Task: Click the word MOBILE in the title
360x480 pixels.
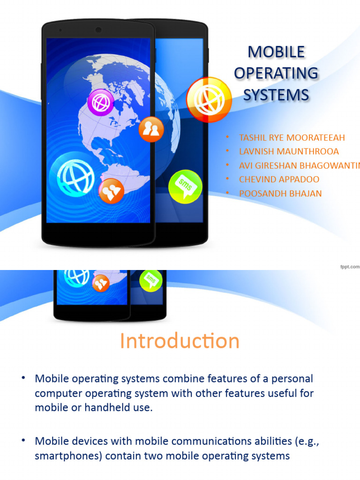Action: (x=276, y=52)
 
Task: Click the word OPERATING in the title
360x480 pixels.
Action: (x=276, y=74)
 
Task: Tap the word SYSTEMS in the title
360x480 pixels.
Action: (x=276, y=95)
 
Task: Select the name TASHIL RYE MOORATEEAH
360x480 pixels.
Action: (x=292, y=138)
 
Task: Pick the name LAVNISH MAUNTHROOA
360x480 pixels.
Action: (x=289, y=152)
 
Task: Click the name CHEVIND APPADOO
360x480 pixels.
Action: (x=279, y=180)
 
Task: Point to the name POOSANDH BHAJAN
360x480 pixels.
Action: (x=280, y=194)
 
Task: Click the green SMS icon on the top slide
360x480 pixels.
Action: (x=185, y=186)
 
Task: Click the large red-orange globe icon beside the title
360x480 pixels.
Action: (x=209, y=99)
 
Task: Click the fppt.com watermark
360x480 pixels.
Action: (x=349, y=266)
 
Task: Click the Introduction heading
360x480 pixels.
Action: (x=180, y=341)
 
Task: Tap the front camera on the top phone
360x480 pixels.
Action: (x=98, y=30)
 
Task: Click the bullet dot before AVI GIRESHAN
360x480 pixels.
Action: (x=227, y=165)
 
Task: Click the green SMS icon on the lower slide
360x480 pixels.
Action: (x=151, y=280)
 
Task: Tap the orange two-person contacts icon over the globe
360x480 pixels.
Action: (x=151, y=129)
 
